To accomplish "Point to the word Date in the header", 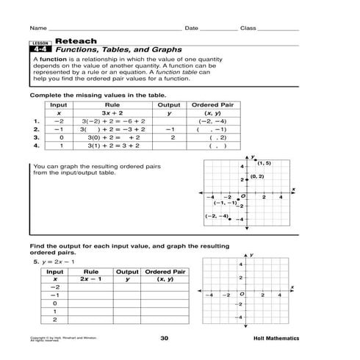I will [191, 28].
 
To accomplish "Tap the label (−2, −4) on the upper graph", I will [217, 216].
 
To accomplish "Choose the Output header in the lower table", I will [127, 271].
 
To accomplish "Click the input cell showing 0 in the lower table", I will [55, 303].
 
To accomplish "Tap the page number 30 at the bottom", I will [165, 339].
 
